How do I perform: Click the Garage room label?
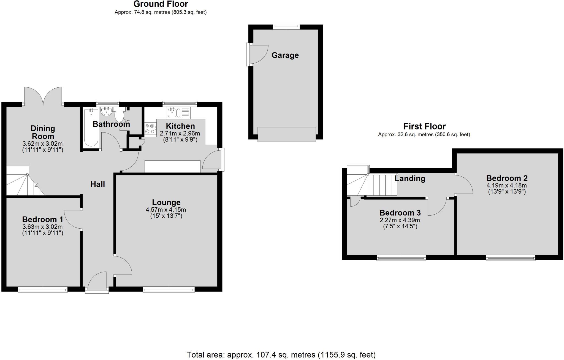click(x=285, y=55)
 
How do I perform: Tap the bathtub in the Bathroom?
click(x=91, y=128)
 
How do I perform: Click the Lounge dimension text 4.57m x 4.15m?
click(x=166, y=210)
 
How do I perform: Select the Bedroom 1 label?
click(x=42, y=220)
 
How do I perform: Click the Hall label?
click(x=98, y=184)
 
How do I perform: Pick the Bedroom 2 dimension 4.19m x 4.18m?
click(x=507, y=186)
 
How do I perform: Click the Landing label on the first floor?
click(x=410, y=178)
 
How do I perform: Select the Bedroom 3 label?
click(x=400, y=213)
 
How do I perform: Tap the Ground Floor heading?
click(x=161, y=4)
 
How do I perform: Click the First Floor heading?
click(x=424, y=126)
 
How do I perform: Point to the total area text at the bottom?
click(x=281, y=355)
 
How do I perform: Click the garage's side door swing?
click(x=258, y=55)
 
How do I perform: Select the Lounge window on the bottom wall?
click(x=169, y=289)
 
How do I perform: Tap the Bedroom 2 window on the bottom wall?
click(x=511, y=258)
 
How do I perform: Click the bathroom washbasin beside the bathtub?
click(x=106, y=111)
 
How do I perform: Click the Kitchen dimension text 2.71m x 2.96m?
click(x=180, y=134)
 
